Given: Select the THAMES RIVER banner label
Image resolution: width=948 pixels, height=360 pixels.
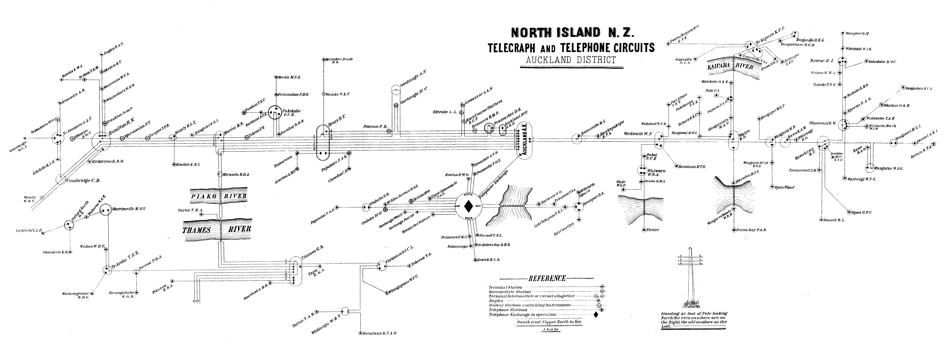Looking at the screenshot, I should point(217,229).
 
